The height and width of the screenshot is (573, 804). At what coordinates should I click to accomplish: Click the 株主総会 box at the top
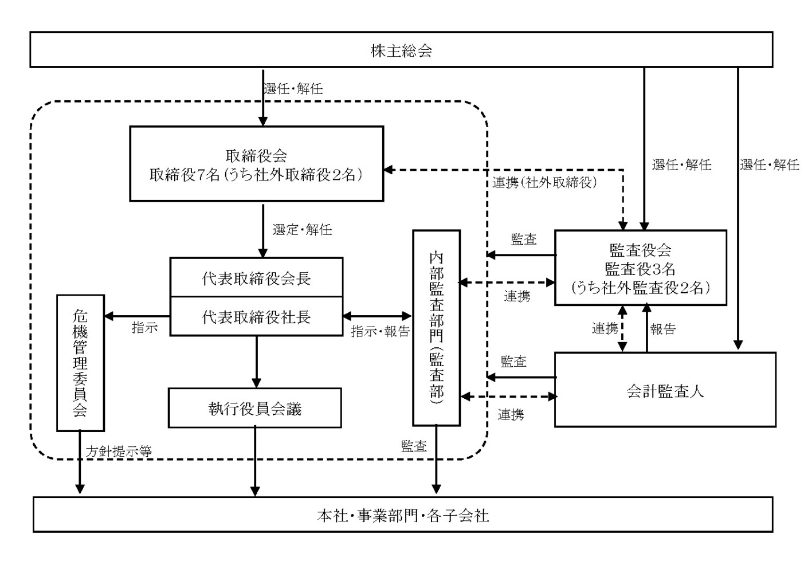pyautogui.click(x=401, y=50)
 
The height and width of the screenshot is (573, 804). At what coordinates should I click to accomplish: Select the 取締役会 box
pyautogui.click(x=256, y=164)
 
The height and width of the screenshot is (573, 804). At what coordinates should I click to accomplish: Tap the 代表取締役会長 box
pyautogui.click(x=256, y=277)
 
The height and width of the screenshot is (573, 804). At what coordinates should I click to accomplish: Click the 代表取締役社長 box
pyautogui.click(x=256, y=316)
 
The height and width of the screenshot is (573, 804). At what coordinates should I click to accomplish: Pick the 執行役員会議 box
pyautogui.click(x=255, y=408)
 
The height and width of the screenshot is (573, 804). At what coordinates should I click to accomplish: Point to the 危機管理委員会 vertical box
pyautogui.click(x=80, y=363)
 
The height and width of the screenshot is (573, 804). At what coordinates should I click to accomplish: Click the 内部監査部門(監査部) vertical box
pyautogui.click(x=437, y=328)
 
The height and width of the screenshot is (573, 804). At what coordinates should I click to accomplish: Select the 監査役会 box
pyautogui.click(x=640, y=268)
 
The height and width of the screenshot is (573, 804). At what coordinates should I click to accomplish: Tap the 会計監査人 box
pyautogui.click(x=665, y=390)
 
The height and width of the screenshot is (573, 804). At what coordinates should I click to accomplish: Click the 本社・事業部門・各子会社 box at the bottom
pyautogui.click(x=402, y=515)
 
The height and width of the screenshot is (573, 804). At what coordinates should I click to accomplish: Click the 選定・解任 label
pyautogui.click(x=302, y=230)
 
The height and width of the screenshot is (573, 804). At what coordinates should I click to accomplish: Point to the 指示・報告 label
pyautogui.click(x=380, y=331)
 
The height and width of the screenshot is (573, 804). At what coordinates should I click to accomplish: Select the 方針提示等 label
pyautogui.click(x=119, y=451)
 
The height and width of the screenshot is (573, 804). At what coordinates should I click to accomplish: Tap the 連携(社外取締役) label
pyautogui.click(x=544, y=183)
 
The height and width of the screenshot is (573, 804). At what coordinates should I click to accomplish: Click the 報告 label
pyautogui.click(x=663, y=329)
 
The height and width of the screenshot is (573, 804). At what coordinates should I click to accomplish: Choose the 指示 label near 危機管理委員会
pyautogui.click(x=144, y=328)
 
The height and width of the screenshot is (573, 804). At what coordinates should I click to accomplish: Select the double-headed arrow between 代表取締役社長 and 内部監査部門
pyautogui.click(x=378, y=316)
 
